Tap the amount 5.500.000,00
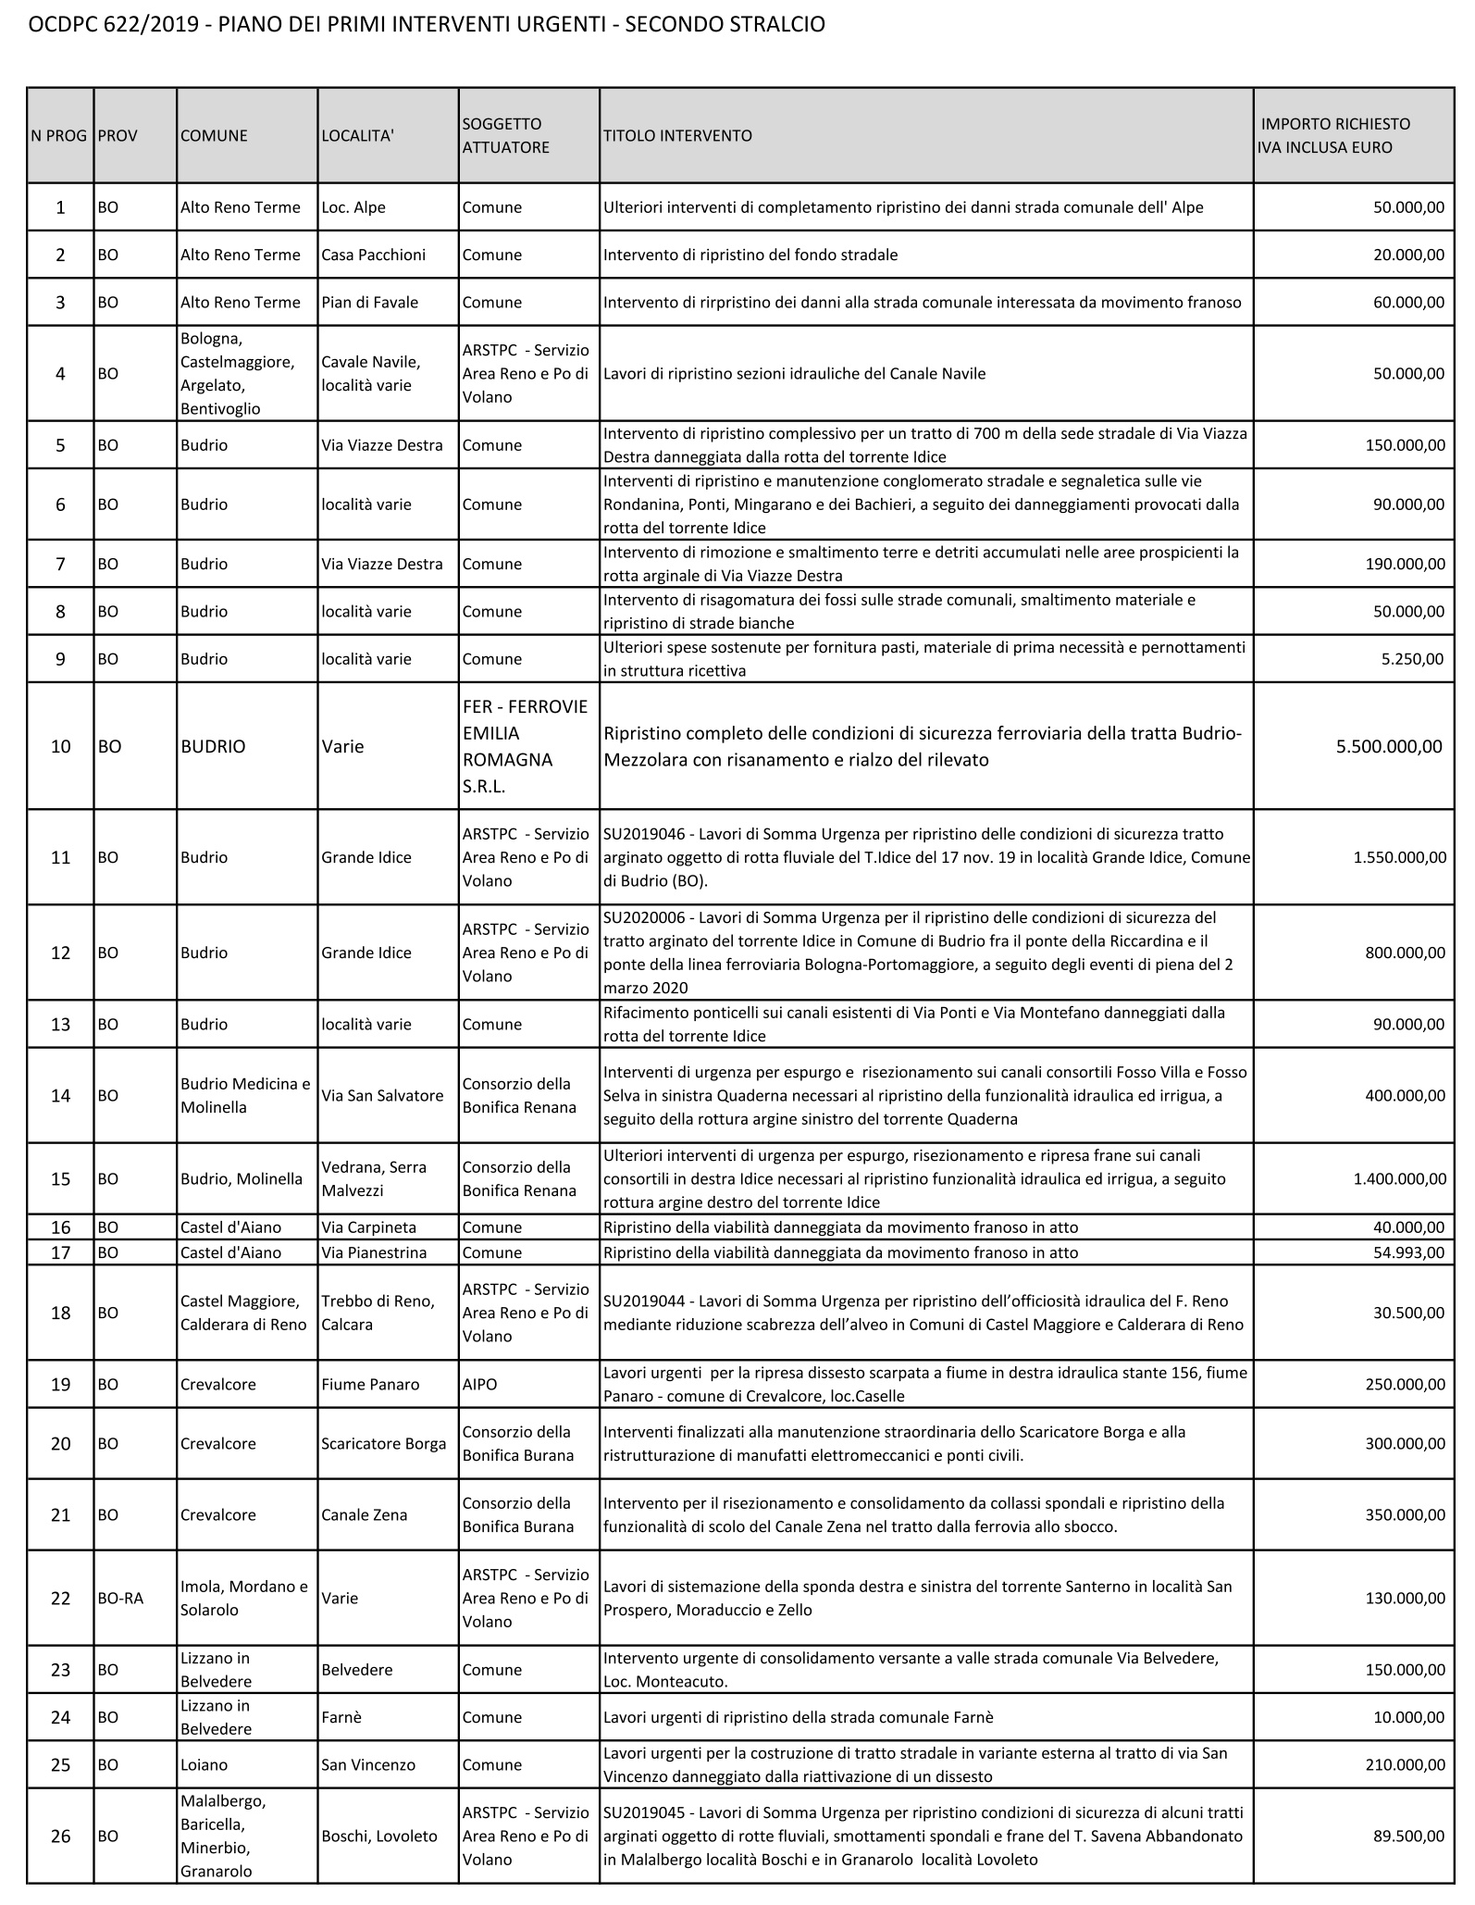coord(1389,746)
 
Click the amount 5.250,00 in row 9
coord(1416,659)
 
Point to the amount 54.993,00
coord(1409,1252)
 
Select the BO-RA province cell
coord(120,1599)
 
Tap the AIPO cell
coord(479,1384)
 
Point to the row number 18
coord(60,1313)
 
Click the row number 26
coord(60,1836)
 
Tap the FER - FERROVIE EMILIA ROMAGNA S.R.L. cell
coord(525,746)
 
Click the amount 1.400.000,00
coord(1399,1178)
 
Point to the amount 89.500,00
coord(1409,1836)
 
